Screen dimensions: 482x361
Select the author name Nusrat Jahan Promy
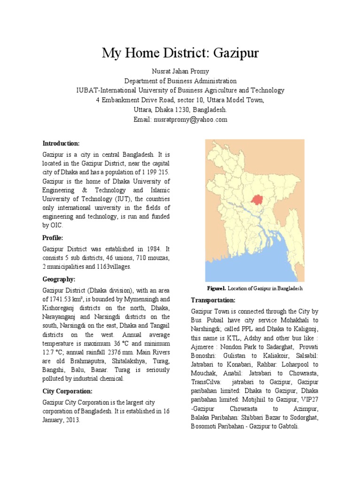pyautogui.click(x=180, y=71)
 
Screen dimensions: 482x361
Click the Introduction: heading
pyautogui.click(x=61, y=143)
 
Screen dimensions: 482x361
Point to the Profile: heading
pyautogui.click(x=53, y=238)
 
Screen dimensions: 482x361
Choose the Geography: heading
pyautogui.click(x=59, y=279)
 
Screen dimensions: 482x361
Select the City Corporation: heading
pyautogui.click(x=67, y=391)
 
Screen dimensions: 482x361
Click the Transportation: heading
pyautogui.click(x=213, y=300)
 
